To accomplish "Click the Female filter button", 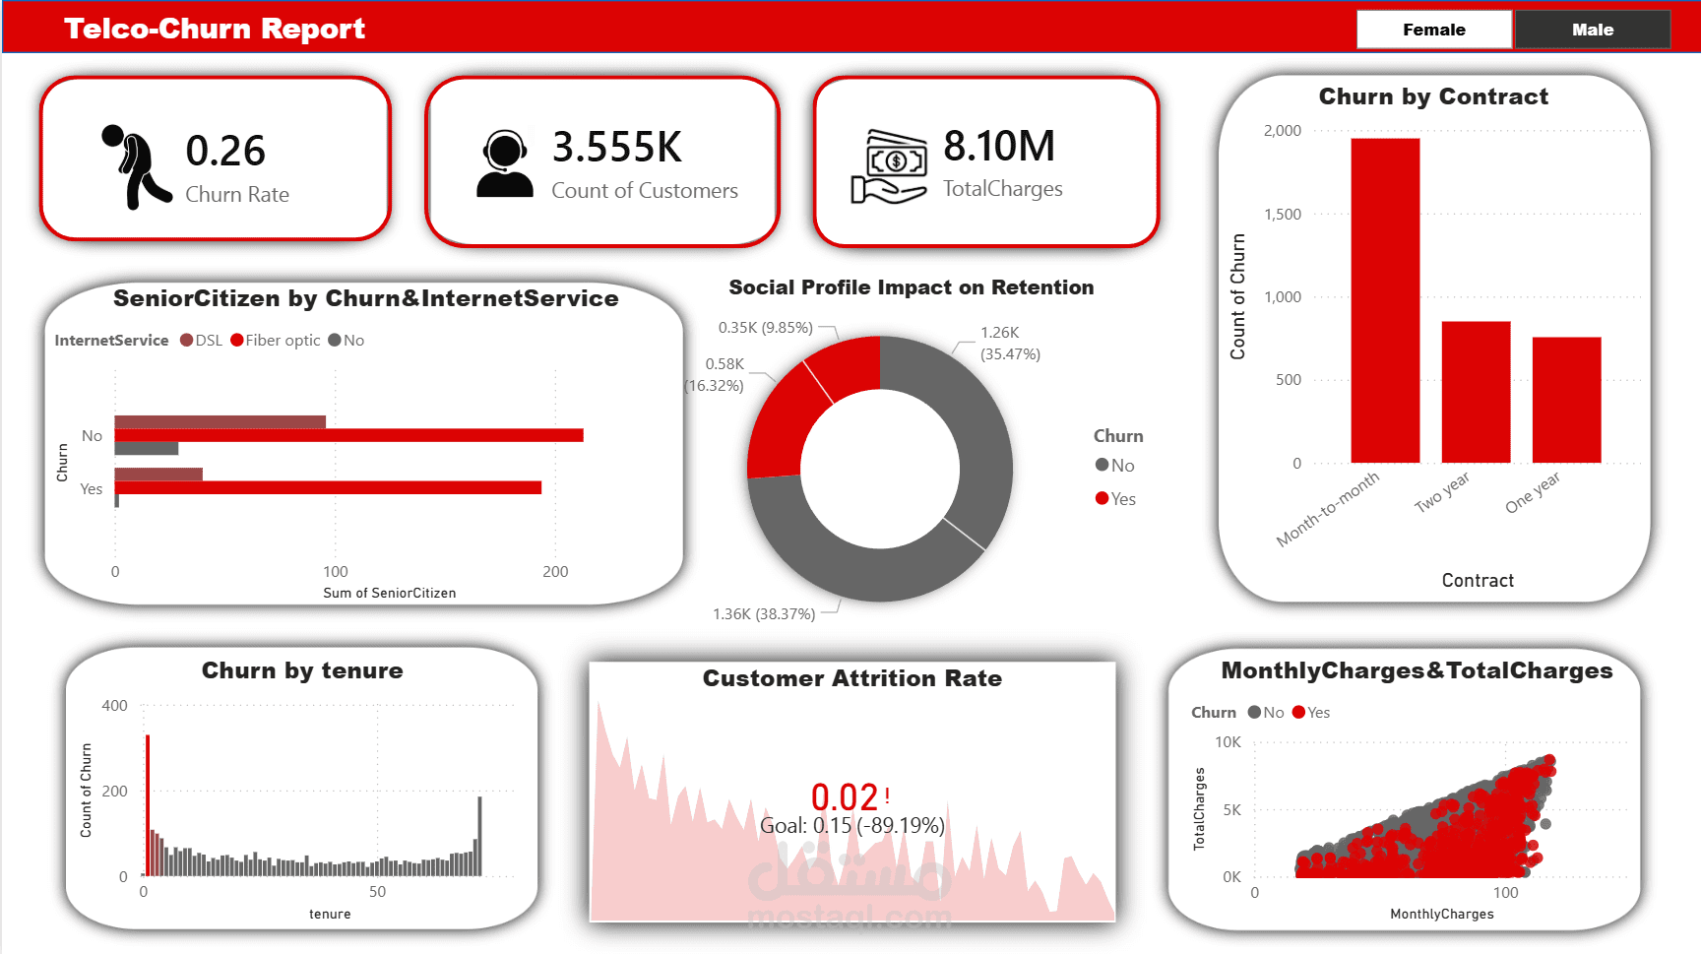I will click(x=1433, y=30).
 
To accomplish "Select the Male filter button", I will click(x=1592, y=30).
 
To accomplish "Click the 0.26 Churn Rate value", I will click(x=225, y=151).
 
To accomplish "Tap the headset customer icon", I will click(x=504, y=164).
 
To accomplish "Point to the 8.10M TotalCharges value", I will click(x=998, y=147).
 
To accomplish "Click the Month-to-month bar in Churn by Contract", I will click(x=1385, y=300).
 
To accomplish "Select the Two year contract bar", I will click(x=1476, y=392).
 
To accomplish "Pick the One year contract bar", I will click(x=1566, y=400).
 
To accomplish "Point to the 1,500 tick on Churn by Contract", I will click(x=1282, y=214).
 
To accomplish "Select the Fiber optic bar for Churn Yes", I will click(x=328, y=487).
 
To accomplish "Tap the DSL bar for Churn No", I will click(x=220, y=422).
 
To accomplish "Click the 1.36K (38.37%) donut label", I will click(x=764, y=614).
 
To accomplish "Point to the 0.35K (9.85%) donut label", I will click(x=765, y=328).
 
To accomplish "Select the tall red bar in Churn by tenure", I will click(x=148, y=804).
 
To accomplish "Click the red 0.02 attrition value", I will click(x=844, y=796).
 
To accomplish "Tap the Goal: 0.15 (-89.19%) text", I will click(x=851, y=825).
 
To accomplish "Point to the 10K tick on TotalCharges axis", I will click(x=1228, y=742).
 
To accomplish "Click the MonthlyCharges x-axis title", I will click(x=1441, y=914).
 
